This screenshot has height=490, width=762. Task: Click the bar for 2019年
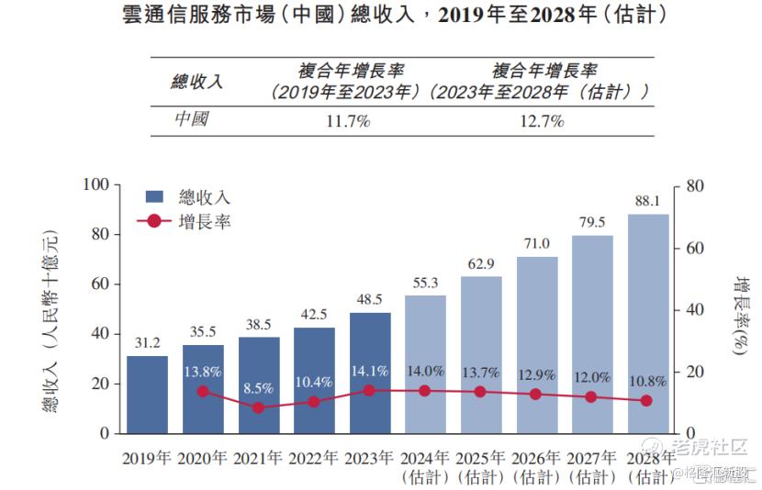[x=147, y=395]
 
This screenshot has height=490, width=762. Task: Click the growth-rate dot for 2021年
[x=259, y=407]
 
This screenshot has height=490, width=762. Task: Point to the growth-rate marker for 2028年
[x=647, y=401]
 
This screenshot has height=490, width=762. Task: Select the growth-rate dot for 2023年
[x=370, y=390]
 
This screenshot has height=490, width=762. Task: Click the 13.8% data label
[x=203, y=373]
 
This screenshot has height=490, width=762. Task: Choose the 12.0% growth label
[x=592, y=376]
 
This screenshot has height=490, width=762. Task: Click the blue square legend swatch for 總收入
[x=154, y=196]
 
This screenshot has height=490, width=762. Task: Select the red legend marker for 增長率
[x=154, y=221]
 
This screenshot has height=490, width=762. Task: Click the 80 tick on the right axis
[x=694, y=185]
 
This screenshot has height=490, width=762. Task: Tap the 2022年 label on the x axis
[x=314, y=459]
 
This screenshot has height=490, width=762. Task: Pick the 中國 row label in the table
[x=193, y=120]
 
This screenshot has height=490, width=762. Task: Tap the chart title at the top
[x=381, y=16]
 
